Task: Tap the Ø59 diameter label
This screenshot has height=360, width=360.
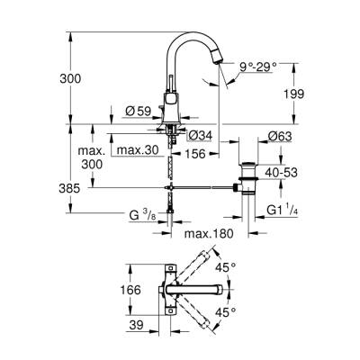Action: [x=138, y=112]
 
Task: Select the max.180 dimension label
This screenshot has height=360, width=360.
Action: [x=210, y=233]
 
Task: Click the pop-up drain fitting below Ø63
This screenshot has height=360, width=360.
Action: [x=248, y=175]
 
